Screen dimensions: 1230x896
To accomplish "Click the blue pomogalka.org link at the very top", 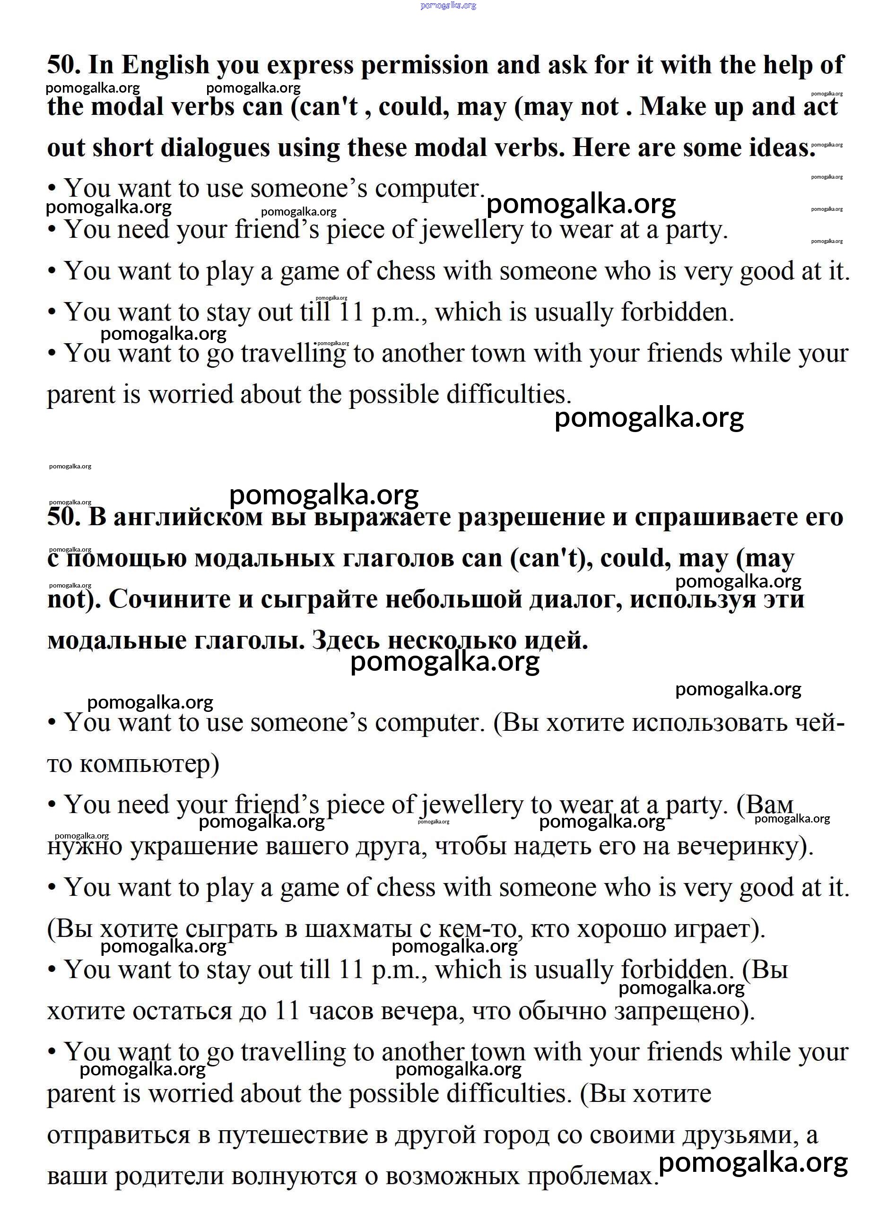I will [448, 5].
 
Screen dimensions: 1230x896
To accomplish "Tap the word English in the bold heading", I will [165, 65].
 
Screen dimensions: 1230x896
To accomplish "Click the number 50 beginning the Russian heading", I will [63, 516].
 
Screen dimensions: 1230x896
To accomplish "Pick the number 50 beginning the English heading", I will [63, 65].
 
